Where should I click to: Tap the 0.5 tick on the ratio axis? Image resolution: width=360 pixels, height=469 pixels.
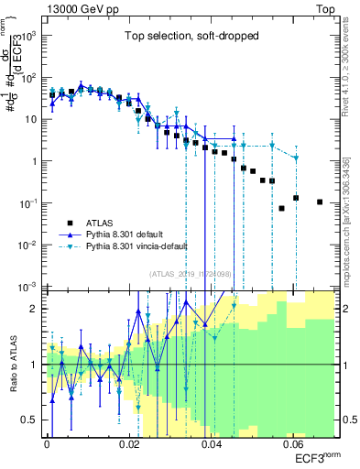coord(31,420)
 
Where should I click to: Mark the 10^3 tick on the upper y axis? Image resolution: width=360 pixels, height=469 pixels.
coord(29,36)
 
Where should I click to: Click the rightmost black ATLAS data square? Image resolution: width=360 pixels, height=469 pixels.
coord(320,202)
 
